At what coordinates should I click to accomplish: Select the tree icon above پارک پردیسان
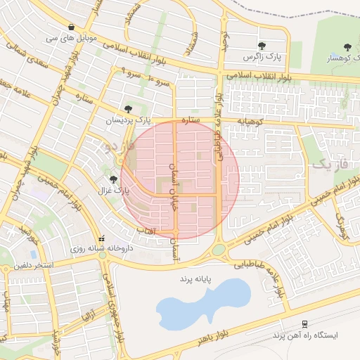click(128, 109)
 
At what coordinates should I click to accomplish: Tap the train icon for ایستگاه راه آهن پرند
click(304, 323)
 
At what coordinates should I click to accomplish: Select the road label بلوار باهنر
click(194, 340)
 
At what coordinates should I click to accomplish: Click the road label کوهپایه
click(251, 122)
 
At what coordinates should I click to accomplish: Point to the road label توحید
click(225, 42)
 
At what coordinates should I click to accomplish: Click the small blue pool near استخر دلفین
click(33, 254)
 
